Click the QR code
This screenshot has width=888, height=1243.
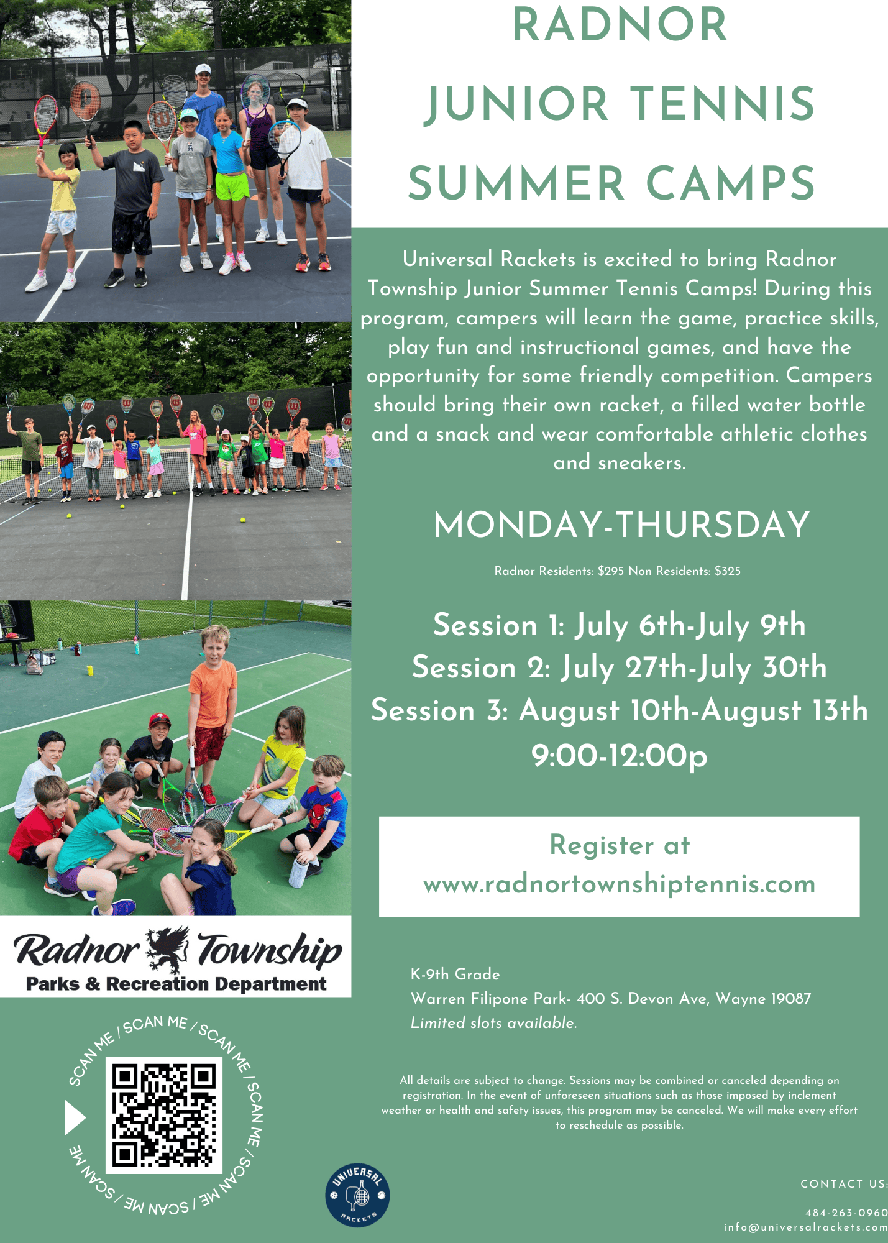(x=164, y=1116)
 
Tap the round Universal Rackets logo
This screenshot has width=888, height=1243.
(x=357, y=1196)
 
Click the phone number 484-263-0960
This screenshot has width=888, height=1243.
(x=846, y=1213)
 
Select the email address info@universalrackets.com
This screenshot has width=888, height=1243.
(x=805, y=1227)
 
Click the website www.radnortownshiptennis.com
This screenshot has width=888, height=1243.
(x=619, y=884)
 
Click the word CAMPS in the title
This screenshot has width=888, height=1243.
(x=731, y=183)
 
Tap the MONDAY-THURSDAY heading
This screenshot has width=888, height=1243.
(x=621, y=525)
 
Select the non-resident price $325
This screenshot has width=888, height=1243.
(x=728, y=571)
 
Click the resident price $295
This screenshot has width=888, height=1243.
(x=611, y=571)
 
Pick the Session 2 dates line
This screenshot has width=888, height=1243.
(x=620, y=667)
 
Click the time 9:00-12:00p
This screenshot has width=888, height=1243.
(x=620, y=756)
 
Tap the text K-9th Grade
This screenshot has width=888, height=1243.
(x=455, y=974)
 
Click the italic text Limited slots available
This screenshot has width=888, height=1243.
(x=494, y=1022)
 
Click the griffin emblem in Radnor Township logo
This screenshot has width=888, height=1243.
(x=168, y=949)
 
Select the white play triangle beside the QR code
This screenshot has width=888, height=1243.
(x=75, y=1117)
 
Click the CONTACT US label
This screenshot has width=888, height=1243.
(x=844, y=1184)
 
